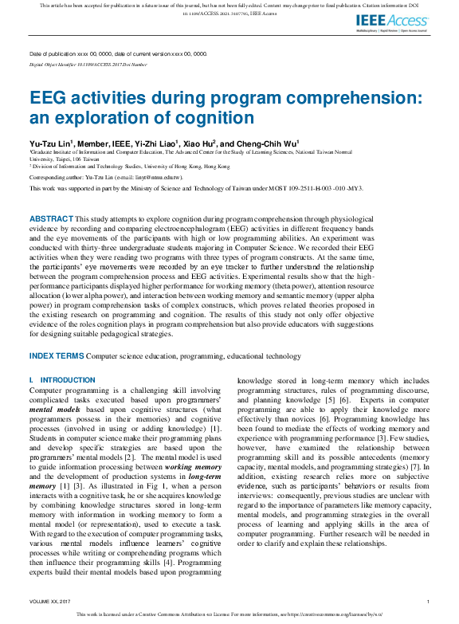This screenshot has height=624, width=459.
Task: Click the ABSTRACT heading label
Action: coord(50,218)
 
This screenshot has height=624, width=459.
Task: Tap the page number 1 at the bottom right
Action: coord(429,601)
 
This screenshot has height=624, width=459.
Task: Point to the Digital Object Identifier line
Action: coord(88,63)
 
